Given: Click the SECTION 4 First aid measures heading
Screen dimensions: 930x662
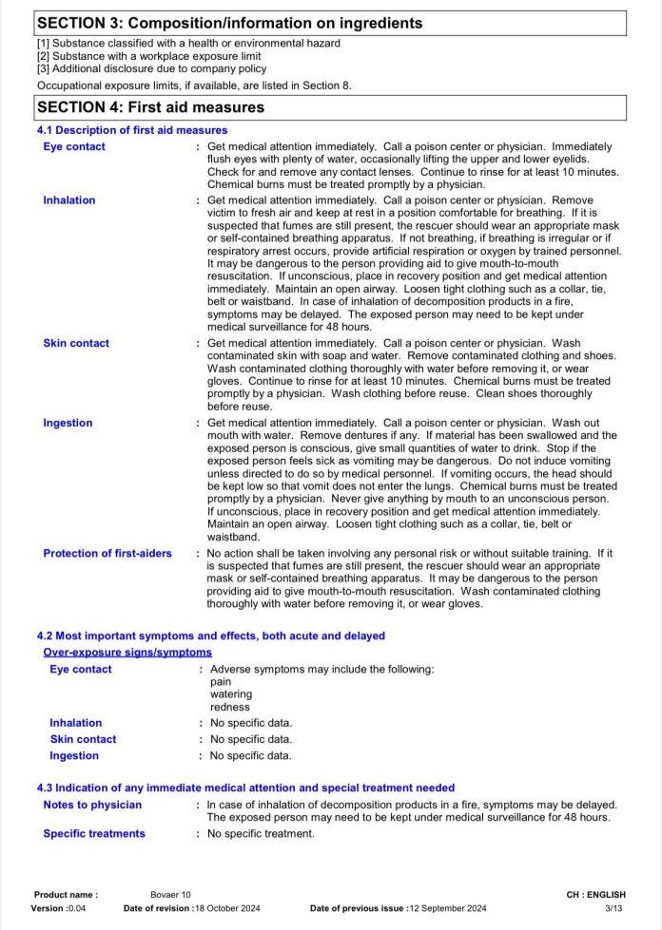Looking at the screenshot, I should tap(150, 107).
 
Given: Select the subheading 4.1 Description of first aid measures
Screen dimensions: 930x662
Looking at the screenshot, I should tap(132, 130).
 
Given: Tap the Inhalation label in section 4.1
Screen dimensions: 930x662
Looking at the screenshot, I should tap(69, 200).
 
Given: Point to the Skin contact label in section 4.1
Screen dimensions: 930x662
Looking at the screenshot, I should tap(76, 343).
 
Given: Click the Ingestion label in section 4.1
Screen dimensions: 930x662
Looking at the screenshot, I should tap(68, 423).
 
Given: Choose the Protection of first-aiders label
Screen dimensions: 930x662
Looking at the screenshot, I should tap(107, 553).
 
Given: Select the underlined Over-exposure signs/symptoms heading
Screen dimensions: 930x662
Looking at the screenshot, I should tap(127, 653).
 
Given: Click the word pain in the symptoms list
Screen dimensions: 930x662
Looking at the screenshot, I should tap(221, 682).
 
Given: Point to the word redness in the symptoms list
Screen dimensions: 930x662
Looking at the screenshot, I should tap(230, 707).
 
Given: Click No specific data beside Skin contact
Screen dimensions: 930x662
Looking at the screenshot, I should tap(251, 739).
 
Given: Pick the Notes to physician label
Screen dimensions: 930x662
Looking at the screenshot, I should tap(92, 805).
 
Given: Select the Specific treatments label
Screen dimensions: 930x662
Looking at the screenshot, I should tap(94, 833).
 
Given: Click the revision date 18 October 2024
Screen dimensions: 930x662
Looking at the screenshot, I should tap(233, 908).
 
